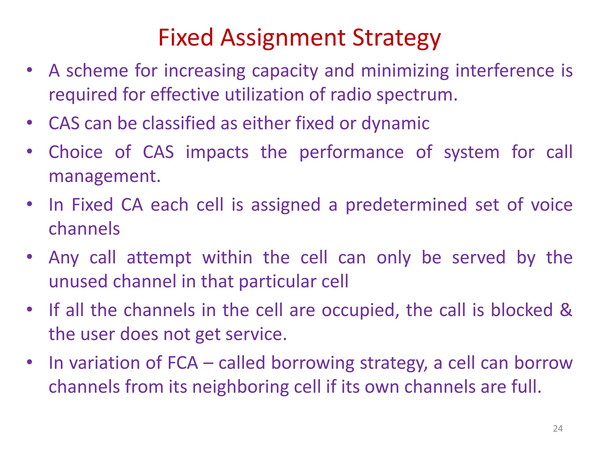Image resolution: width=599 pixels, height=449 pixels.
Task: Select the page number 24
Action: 558,429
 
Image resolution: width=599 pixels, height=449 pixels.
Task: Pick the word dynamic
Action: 395,124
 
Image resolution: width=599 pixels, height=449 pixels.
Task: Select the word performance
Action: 351,153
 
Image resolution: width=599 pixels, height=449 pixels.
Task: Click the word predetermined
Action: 406,205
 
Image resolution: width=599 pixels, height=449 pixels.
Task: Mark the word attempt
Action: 159,258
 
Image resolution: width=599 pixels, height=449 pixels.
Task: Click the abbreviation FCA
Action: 183,363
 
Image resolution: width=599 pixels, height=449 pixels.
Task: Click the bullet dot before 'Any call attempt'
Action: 30,257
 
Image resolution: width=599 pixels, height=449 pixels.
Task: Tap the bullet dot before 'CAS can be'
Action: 30,122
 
